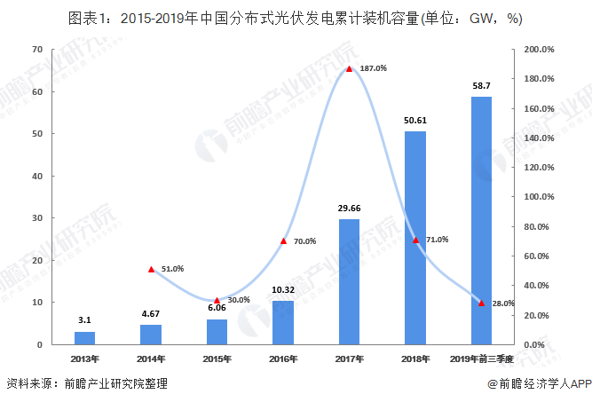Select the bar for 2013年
tap(84, 337)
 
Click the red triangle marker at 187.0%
tap(349, 68)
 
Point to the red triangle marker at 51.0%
tap(151, 269)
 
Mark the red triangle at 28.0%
tap(481, 303)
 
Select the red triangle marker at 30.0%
tap(217, 300)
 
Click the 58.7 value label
tap(481, 86)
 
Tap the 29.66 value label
tap(349, 208)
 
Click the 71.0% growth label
tap(437, 240)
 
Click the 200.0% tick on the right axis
tap(541, 50)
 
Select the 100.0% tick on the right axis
tap(541, 197)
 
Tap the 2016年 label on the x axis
tap(282, 359)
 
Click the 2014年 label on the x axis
tap(151, 359)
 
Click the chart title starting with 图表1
tap(296, 17)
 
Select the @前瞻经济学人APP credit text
tap(539, 385)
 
